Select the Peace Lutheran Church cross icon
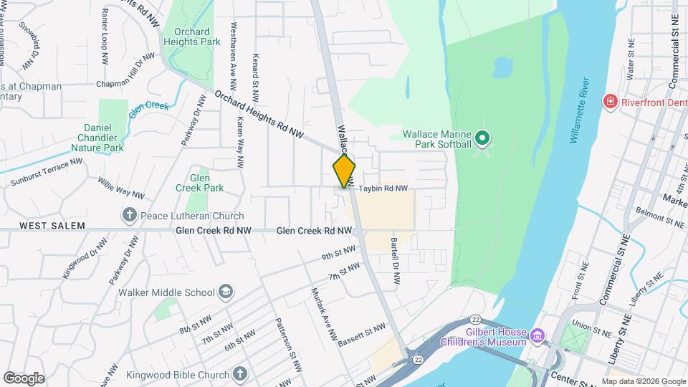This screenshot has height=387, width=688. coord(130,215)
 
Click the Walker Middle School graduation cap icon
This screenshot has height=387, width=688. coord(226,292)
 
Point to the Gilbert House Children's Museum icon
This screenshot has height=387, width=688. coord(537,333)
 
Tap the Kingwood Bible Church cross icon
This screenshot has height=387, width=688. coord(239,374)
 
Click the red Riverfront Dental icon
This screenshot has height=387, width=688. coord(611,102)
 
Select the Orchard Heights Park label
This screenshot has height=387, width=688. coord(191,37)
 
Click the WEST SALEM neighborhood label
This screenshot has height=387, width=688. coord(52,226)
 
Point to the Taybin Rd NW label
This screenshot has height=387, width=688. coord(383,188)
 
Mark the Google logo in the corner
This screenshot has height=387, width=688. coord(24,378)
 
